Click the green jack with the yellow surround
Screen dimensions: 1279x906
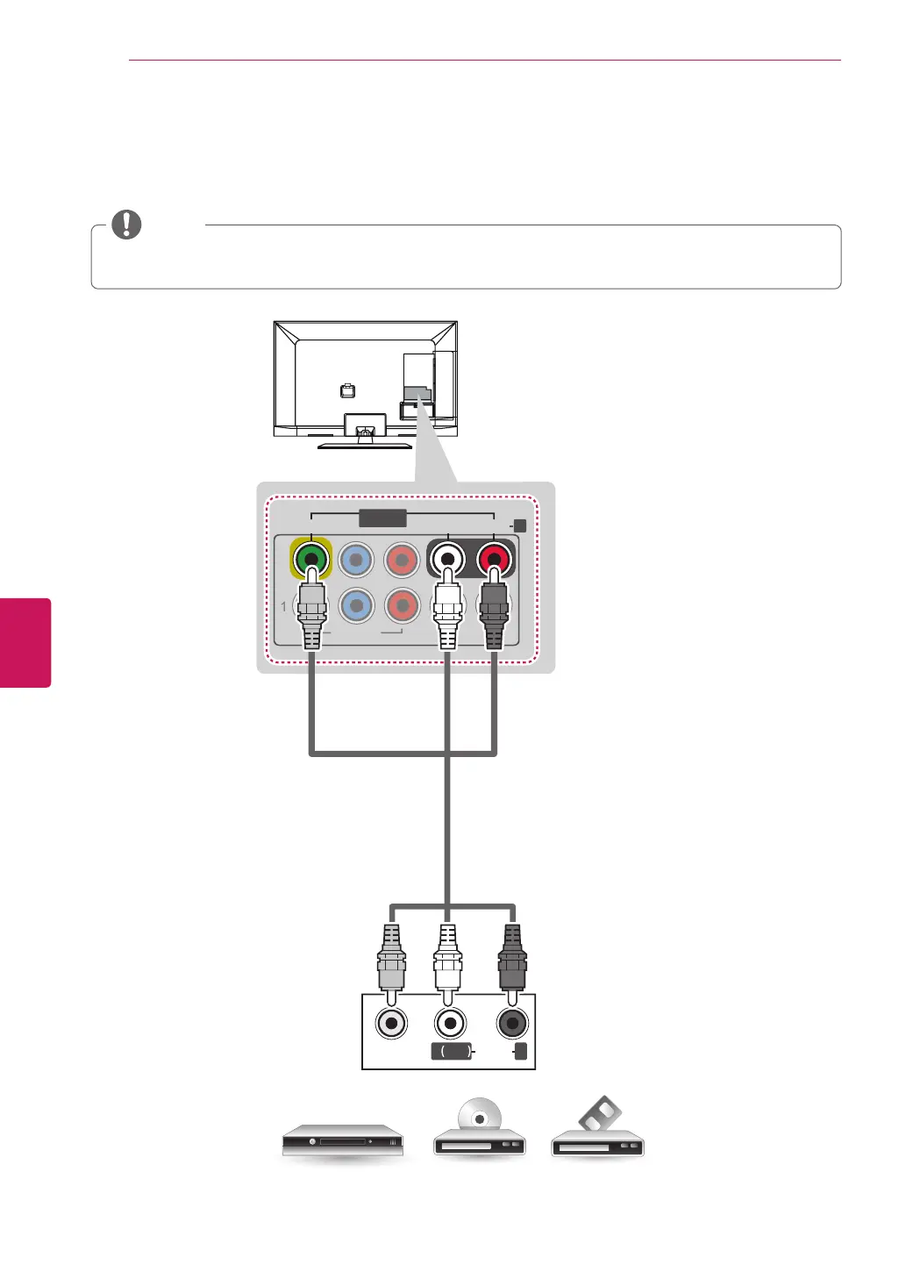[x=310, y=558]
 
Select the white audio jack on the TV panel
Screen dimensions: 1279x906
[x=448, y=558]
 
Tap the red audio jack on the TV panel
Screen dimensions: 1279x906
[x=495, y=558]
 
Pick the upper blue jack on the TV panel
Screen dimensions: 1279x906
[x=356, y=559]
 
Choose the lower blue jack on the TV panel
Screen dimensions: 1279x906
[x=356, y=605]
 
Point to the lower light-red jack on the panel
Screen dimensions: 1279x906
[x=403, y=605]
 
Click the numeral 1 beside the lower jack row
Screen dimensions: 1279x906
[x=283, y=606]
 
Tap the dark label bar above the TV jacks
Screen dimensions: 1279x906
[x=382, y=518]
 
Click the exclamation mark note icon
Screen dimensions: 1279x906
[x=126, y=225]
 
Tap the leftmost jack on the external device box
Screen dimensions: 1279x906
[x=391, y=1023]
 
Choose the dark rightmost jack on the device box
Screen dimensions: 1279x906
[x=512, y=1023]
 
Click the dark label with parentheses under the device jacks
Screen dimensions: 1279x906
[x=453, y=1051]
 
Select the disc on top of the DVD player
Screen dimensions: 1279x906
[x=479, y=1118]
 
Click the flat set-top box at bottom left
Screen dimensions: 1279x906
[x=342, y=1141]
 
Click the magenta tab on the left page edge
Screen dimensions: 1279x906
[x=25, y=642]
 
